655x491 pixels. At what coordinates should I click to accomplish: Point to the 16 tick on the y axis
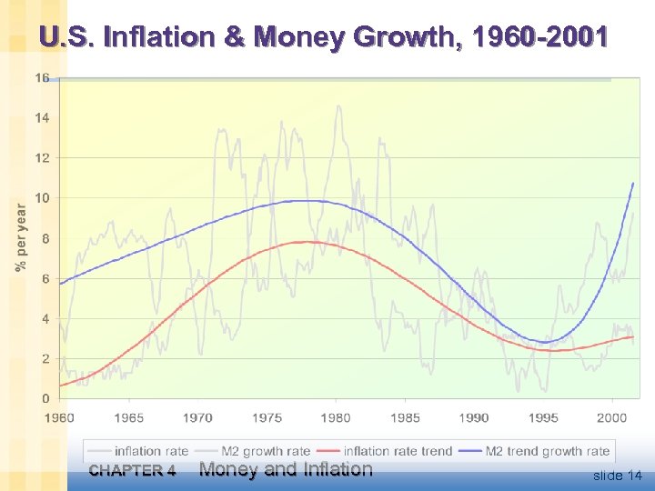click(x=42, y=78)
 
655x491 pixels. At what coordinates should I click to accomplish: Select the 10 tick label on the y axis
click(x=42, y=198)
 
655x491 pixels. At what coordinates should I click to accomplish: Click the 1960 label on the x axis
click(x=60, y=417)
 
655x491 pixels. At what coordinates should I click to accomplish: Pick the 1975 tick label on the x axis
click(x=267, y=417)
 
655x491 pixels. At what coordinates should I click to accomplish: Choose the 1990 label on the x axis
click(x=474, y=417)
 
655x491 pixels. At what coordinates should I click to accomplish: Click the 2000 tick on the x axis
click(x=612, y=417)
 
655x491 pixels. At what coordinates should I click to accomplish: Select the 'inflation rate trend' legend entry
click(x=398, y=451)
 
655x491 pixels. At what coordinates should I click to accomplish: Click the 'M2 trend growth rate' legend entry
click(x=547, y=451)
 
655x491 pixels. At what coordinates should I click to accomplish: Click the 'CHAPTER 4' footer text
click(x=132, y=471)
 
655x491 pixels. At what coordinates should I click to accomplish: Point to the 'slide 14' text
click(x=617, y=476)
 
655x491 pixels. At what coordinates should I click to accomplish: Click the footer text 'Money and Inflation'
click(x=286, y=469)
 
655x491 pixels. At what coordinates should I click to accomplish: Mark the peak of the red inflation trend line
click(x=309, y=242)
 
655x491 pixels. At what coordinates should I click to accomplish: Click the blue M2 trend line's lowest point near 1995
click(x=543, y=342)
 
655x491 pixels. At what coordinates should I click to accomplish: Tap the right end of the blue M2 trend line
click(x=633, y=184)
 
